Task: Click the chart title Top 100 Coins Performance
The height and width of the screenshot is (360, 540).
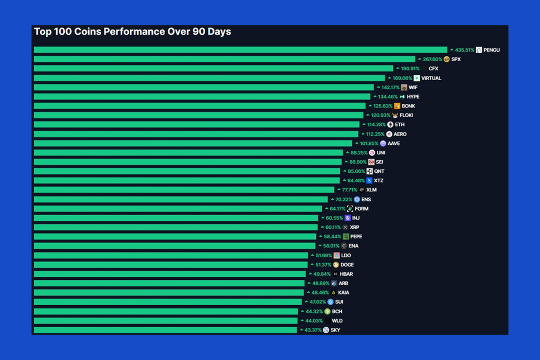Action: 132,32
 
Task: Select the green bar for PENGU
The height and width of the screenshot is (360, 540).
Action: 240,50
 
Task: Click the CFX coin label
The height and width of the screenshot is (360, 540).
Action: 433,69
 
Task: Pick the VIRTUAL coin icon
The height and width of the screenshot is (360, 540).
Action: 417,78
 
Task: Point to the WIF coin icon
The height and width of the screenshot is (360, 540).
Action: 404,87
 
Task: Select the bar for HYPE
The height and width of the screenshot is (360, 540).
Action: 202,96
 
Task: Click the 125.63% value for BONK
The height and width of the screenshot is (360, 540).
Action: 383,106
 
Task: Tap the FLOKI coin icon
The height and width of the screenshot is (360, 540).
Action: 395,115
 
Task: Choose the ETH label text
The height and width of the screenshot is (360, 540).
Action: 400,125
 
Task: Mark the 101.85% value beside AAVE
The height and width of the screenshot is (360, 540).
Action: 369,143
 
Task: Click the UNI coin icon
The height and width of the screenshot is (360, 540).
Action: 372,153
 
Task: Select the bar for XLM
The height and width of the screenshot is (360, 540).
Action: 184,190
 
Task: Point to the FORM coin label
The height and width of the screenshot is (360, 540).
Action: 362,209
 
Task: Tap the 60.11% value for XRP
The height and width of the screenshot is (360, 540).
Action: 333,227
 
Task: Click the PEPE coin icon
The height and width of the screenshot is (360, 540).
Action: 346,237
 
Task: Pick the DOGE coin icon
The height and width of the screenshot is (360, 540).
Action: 336,265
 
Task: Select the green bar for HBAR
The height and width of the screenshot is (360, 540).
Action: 170,274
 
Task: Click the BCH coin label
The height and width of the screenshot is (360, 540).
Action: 337,312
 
